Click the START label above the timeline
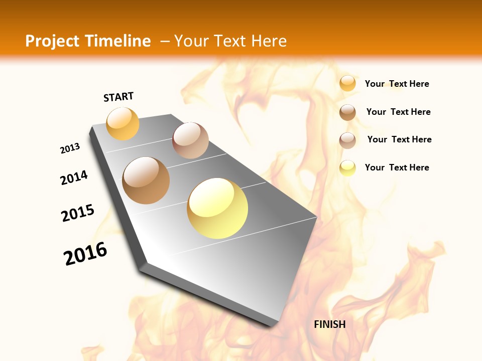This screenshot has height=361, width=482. [x=118, y=97]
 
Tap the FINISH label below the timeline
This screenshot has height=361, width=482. [x=329, y=324]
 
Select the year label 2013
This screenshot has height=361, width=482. [x=70, y=148]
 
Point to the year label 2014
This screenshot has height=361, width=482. [x=74, y=177]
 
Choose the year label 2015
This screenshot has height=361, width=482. [x=78, y=213]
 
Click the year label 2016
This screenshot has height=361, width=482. [x=85, y=254]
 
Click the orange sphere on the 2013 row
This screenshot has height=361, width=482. [x=123, y=123]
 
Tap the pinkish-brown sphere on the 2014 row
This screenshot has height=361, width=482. [x=190, y=140]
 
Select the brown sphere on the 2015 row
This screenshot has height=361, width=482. [x=146, y=180]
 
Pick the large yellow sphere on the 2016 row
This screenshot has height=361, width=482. [x=217, y=208]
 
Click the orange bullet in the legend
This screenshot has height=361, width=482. [x=347, y=83]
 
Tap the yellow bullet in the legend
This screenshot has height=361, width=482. [x=347, y=167]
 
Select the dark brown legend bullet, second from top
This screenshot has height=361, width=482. [x=347, y=112]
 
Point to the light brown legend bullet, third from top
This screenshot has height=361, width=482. [x=347, y=140]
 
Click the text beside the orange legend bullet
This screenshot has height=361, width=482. [x=397, y=84]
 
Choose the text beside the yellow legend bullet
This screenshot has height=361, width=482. [x=397, y=167]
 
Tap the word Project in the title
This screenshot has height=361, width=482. [x=52, y=41]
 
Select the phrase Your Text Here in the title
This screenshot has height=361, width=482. [x=230, y=41]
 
